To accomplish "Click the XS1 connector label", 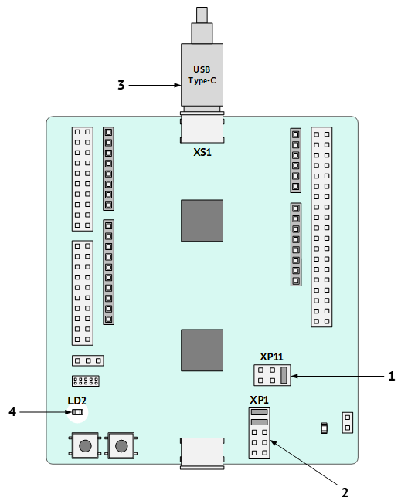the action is pyautogui.click(x=202, y=152).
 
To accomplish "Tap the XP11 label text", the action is pyautogui.click(x=271, y=357).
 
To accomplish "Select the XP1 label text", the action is pyautogui.click(x=259, y=400).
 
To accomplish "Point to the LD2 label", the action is pyautogui.click(x=77, y=401).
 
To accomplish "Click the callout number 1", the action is pyautogui.click(x=392, y=376).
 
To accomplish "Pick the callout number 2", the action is pyautogui.click(x=345, y=492).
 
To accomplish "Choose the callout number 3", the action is pyautogui.click(x=121, y=85).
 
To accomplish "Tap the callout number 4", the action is pyautogui.click(x=12, y=411).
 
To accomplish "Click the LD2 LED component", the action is pyautogui.click(x=77, y=412).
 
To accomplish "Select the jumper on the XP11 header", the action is pyautogui.click(x=284, y=375).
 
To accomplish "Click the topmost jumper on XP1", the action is pyautogui.click(x=259, y=412).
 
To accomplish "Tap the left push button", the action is pyautogui.click(x=85, y=446).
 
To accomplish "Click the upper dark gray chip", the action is pyautogui.click(x=202, y=221).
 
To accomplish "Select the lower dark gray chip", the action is pyautogui.click(x=202, y=350).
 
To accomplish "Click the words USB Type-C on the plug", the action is pyautogui.click(x=202, y=75).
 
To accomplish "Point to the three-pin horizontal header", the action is pyautogui.click(x=88, y=360).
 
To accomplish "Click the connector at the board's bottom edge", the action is pyautogui.click(x=202, y=453).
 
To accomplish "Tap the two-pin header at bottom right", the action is pyautogui.click(x=347, y=423).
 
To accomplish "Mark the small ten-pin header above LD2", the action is pyautogui.click(x=85, y=381).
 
